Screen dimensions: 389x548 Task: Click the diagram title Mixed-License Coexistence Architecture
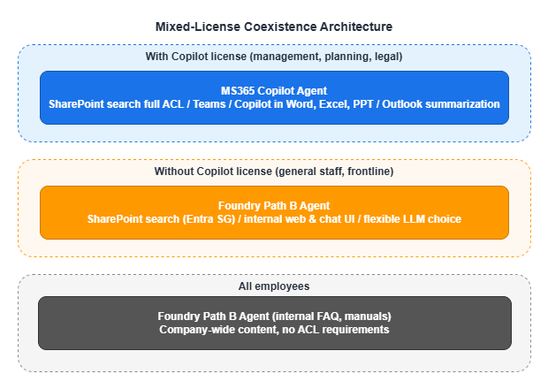[274, 27]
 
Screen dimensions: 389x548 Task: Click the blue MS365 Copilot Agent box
[274, 97]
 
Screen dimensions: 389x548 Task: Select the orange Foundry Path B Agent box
[274, 212]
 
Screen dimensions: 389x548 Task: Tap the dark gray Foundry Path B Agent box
[274, 323]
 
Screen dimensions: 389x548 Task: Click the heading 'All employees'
[274, 286]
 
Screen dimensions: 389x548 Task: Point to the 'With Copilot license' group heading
[274, 57]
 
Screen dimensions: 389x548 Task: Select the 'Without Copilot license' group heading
[274, 171]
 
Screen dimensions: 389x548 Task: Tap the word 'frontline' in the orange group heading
[369, 171]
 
